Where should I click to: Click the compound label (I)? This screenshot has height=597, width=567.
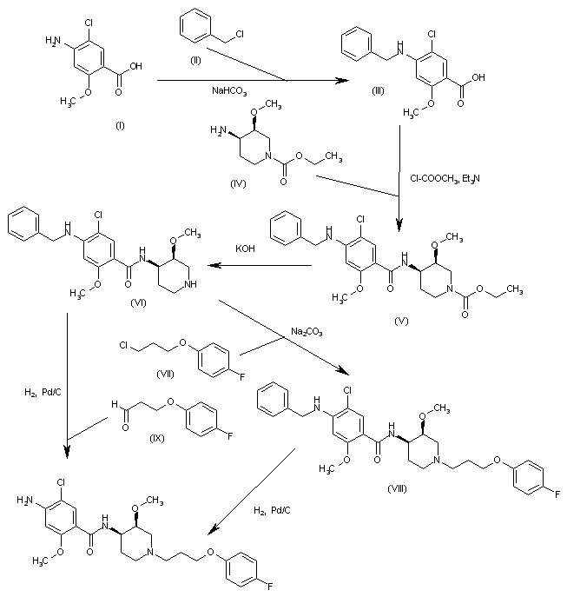pos(119,125)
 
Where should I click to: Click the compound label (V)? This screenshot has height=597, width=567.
pos(400,320)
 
